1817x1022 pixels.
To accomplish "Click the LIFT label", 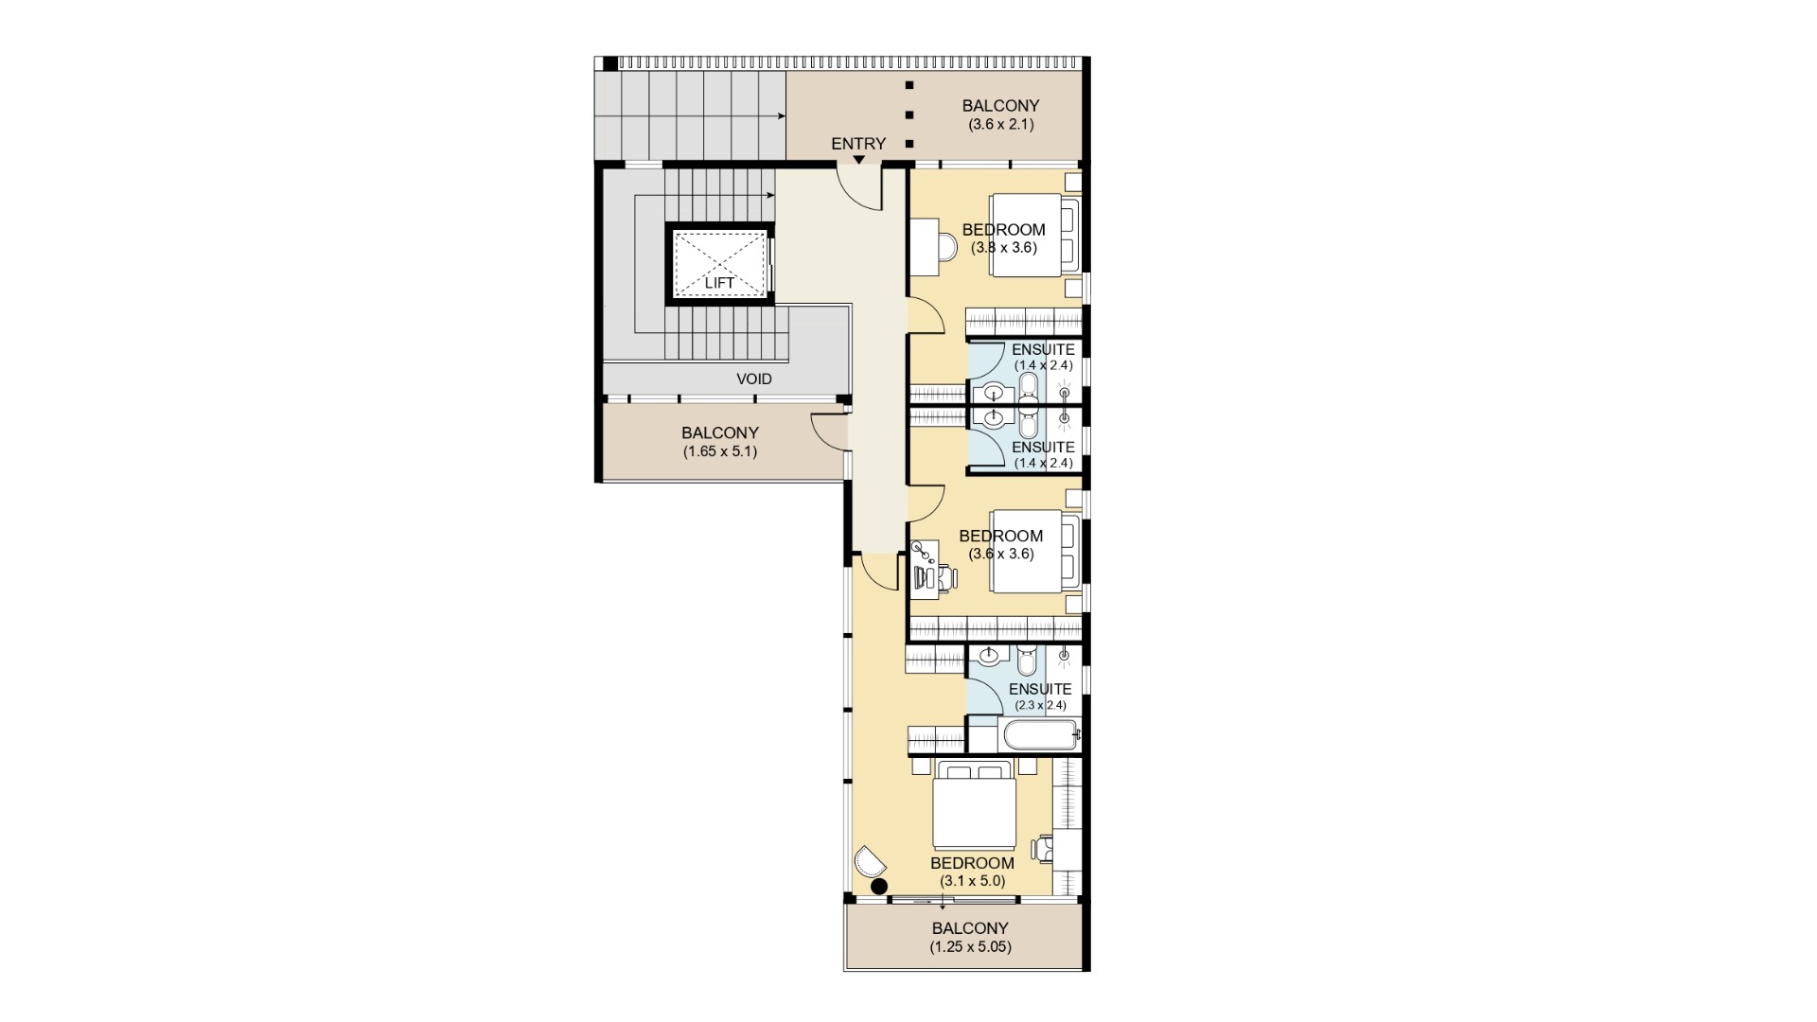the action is point(719,283).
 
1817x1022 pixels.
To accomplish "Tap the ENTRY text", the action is point(858,144).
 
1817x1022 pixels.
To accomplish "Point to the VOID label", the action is point(754,379).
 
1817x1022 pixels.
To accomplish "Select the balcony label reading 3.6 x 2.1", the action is point(1000,124).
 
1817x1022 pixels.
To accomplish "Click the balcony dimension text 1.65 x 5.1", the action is point(720,451).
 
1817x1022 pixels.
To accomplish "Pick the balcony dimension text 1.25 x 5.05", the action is point(970,946).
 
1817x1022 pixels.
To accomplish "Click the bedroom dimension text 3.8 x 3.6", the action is point(1003,248).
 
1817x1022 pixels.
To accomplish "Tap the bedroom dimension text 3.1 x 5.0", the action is point(972,881).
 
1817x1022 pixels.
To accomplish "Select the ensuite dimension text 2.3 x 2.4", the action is point(1040,705).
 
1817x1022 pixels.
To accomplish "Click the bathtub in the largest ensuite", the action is point(1038,734).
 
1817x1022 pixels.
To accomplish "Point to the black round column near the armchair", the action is point(879,887).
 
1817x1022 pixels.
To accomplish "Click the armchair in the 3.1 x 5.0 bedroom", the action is point(870,862).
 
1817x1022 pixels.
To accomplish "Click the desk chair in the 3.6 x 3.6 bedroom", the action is point(945,576).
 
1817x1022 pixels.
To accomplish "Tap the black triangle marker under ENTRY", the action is point(858,160).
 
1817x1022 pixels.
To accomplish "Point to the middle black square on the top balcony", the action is point(909,115).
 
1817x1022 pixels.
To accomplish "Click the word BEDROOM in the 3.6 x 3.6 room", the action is point(1000,536).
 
